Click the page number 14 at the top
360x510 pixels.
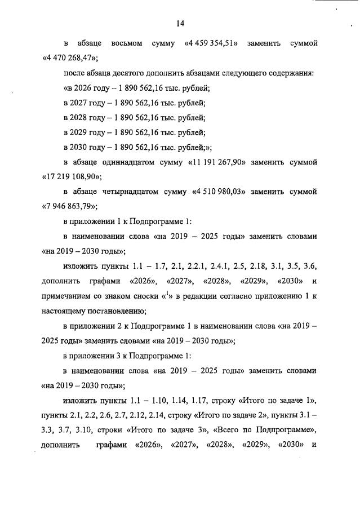[180, 23]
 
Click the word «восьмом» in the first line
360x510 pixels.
[127, 43]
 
